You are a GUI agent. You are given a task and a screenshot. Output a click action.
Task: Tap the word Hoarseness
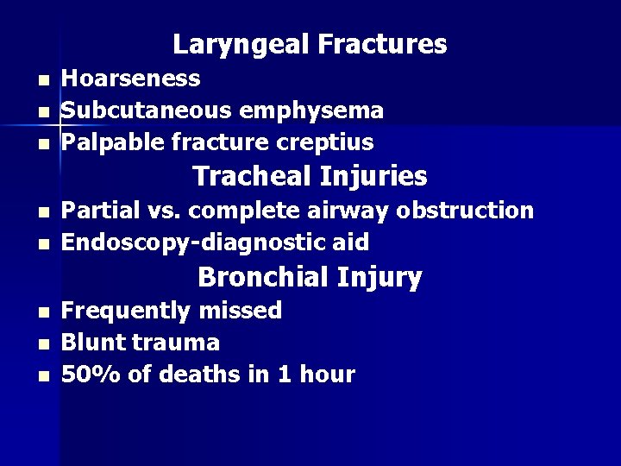point(132,79)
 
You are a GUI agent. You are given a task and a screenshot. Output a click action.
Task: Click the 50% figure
point(86,375)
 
